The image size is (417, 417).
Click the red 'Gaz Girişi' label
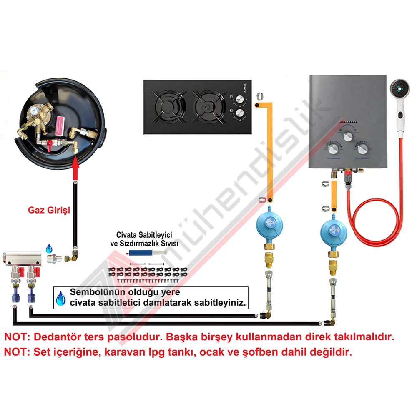(49, 210)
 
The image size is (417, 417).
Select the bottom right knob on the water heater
(362, 149)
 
